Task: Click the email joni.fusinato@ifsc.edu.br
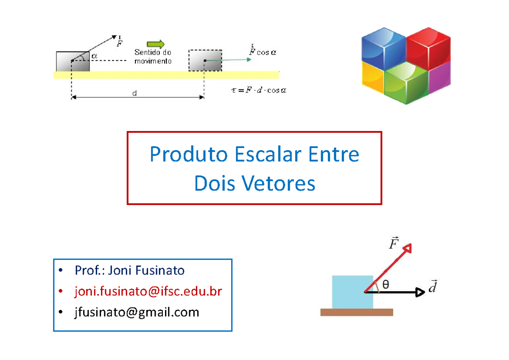pos(148,291)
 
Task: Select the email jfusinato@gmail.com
pos(136,313)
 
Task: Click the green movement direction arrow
pos(156,44)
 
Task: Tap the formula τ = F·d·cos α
pos(259,90)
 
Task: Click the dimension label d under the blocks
pos(134,94)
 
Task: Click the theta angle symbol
pos(385,285)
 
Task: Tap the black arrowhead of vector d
pos(420,292)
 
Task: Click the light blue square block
pos(352,292)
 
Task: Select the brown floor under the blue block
pos(357,313)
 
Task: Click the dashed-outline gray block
pos(205,60)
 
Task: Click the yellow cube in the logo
pos(372,76)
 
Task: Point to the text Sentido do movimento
pos(153,57)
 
